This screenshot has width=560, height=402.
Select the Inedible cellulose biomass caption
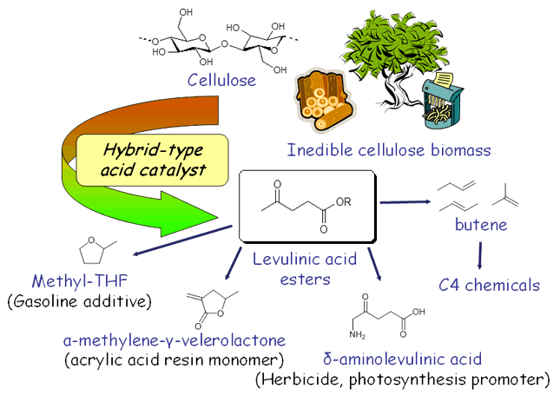[x=388, y=150]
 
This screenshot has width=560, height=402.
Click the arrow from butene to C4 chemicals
[x=479, y=253]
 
